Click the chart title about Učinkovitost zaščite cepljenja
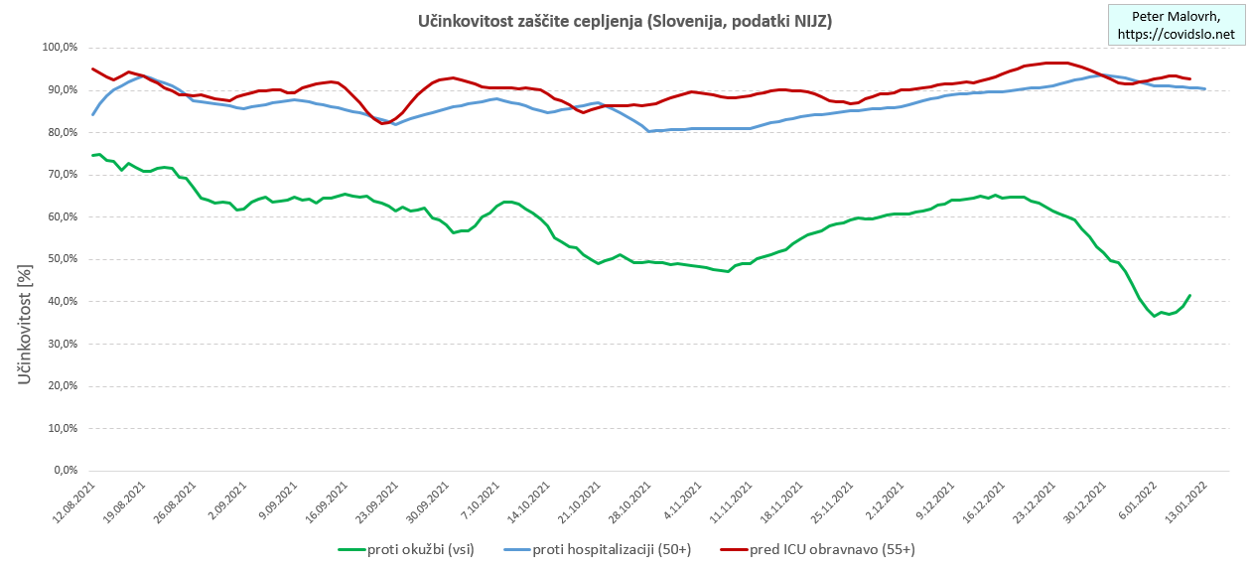coord(625,21)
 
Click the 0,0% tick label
coord(65,471)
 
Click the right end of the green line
coord(1189,295)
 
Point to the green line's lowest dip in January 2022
coord(1155,316)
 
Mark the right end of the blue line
coord(1204,89)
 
